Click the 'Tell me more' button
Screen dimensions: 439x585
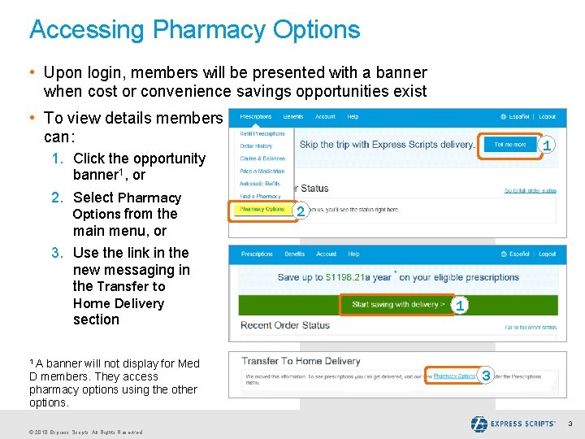pos(509,145)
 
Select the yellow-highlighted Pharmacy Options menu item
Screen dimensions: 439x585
pos(262,209)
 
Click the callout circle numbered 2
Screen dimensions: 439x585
pos(301,212)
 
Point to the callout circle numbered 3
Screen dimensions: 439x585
pos(486,376)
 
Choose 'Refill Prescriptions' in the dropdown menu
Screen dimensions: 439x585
pos(262,133)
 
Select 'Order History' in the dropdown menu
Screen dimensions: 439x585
pos(256,146)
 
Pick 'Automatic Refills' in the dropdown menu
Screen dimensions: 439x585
pos(261,184)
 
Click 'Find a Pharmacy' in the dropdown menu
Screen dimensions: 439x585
pos(260,196)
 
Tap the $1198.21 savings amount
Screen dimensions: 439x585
pos(348,277)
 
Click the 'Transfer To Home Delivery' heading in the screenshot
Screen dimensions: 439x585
pos(301,361)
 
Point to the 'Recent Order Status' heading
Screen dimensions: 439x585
pos(285,325)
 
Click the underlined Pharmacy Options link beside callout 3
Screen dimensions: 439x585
pos(454,376)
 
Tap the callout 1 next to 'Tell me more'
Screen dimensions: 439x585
pos(548,146)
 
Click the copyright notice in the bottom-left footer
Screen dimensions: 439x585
pos(85,432)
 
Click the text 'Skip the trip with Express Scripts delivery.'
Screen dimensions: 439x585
pos(388,145)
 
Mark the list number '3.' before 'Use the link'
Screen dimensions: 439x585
pos(58,253)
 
